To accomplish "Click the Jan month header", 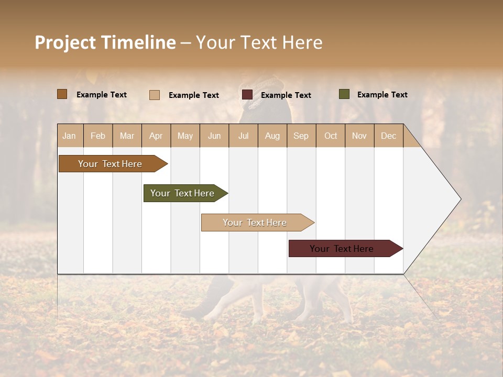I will [70, 136].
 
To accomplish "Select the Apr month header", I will [156, 136].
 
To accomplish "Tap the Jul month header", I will [244, 136].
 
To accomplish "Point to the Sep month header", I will [301, 136].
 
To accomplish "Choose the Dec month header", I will [389, 136].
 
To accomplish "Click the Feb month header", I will [98, 136].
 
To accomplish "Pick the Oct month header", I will [331, 136].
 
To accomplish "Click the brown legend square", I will [62, 94].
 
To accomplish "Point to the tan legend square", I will [155, 95].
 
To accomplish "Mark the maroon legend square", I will [247, 95].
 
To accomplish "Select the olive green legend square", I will [344, 94].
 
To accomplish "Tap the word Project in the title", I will [65, 42].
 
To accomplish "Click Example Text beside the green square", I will [382, 95].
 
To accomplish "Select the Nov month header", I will [359, 136].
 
